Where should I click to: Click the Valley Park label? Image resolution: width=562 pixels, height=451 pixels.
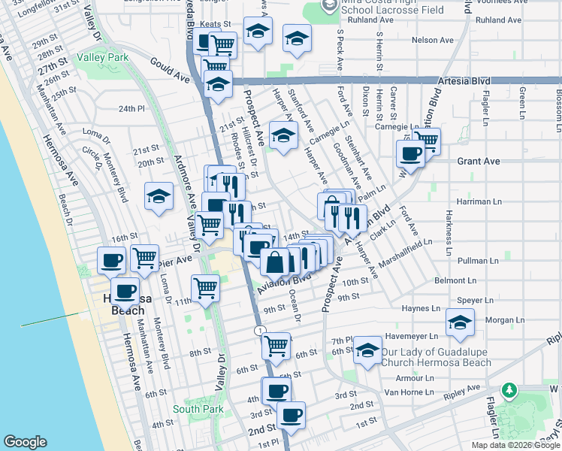[x=108, y=57]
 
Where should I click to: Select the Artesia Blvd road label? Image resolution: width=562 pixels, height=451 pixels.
[x=459, y=81]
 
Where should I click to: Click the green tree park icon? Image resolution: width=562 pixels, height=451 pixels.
[x=510, y=389]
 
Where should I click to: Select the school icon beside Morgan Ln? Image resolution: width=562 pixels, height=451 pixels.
[x=460, y=322]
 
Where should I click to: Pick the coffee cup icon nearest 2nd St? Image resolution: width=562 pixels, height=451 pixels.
[x=291, y=414]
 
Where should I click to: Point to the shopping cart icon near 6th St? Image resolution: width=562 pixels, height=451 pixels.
[x=276, y=346]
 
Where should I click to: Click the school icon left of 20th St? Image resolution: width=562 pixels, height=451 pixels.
[x=159, y=197]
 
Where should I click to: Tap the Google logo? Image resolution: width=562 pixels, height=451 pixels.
[x=25, y=442]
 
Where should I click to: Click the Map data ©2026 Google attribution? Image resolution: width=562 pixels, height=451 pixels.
[x=515, y=445]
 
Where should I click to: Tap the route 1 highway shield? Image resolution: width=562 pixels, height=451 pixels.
[x=259, y=331]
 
